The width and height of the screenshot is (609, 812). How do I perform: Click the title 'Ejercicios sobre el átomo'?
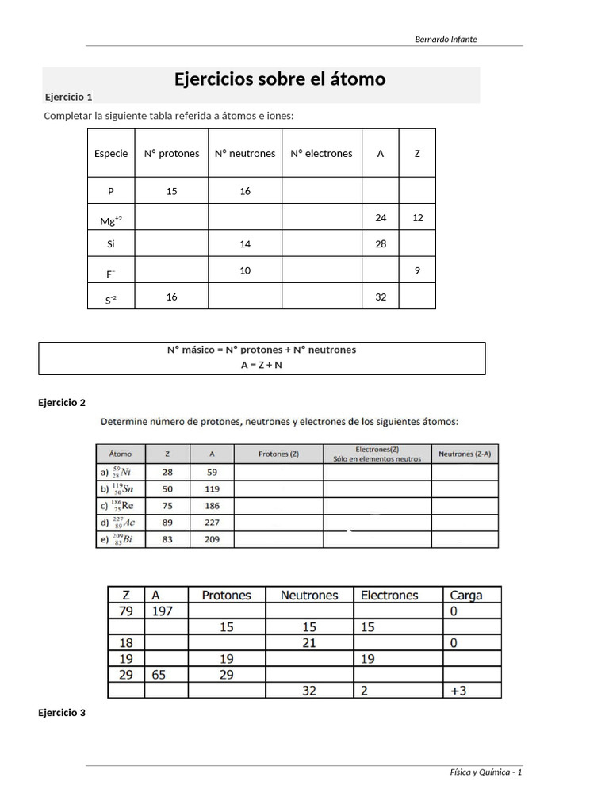pyautogui.click(x=280, y=79)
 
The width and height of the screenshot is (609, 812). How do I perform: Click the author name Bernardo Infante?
pyautogui.click(x=446, y=39)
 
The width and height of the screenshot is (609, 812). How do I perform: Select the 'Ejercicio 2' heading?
pyautogui.click(x=62, y=403)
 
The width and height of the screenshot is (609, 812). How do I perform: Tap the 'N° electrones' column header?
pyautogui.click(x=321, y=154)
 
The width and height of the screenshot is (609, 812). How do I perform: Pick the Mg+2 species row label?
pyautogui.click(x=110, y=221)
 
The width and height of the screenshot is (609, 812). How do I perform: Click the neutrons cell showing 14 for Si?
pyautogui.click(x=245, y=244)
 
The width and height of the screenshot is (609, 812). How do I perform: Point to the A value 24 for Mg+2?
pyautogui.click(x=381, y=217)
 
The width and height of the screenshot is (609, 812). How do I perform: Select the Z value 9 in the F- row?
pyautogui.click(x=417, y=270)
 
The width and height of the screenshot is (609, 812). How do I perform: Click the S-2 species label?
pyautogui.click(x=110, y=299)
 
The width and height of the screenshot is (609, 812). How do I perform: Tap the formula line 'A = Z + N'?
pyautogui.click(x=261, y=365)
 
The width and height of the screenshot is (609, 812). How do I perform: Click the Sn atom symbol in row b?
pyautogui.click(x=121, y=488)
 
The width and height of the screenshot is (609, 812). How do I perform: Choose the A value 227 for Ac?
pyautogui.click(x=212, y=523)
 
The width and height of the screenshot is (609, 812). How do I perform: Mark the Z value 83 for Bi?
pyautogui.click(x=167, y=539)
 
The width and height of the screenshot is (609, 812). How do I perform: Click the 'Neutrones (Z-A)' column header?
pyautogui.click(x=465, y=454)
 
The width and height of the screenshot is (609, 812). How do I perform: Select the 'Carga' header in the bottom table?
pyautogui.click(x=465, y=596)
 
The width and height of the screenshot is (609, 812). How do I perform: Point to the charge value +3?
pyautogui.click(x=458, y=691)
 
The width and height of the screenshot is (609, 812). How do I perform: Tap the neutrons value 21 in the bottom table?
pyautogui.click(x=308, y=643)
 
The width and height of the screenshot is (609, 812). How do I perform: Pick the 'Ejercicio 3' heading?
pyautogui.click(x=62, y=713)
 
